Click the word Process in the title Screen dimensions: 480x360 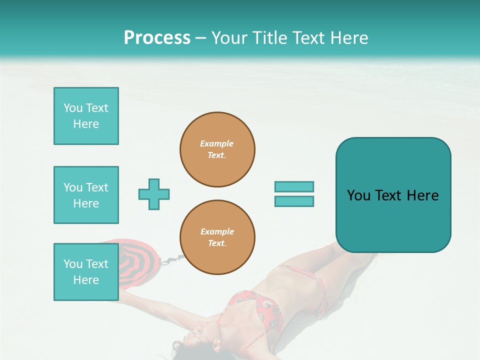157,38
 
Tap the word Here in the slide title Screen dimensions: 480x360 348,38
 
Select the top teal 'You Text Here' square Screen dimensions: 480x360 86,116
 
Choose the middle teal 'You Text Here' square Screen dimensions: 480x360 86,195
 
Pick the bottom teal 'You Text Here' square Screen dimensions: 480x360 86,272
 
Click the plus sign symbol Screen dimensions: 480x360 154,194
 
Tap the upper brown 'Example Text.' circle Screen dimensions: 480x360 217,149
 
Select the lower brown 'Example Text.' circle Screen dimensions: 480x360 217,237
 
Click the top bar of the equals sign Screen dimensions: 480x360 294,186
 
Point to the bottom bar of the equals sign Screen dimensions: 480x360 294,201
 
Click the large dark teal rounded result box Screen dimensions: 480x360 393,220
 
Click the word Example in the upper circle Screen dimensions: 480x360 217,143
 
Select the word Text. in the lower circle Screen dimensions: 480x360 217,243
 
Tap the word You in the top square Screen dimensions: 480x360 73,108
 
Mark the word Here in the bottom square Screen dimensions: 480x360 86,280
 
